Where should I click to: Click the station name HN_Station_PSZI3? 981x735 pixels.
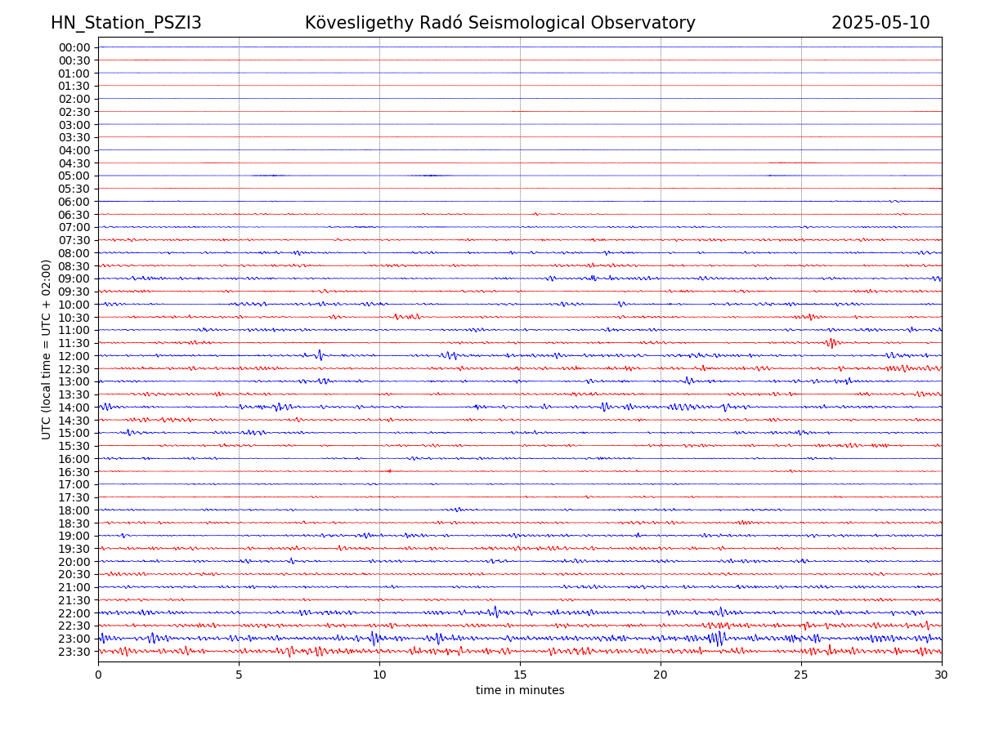click(x=126, y=23)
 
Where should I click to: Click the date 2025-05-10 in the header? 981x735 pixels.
click(x=880, y=23)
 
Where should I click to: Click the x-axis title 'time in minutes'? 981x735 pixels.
click(x=520, y=690)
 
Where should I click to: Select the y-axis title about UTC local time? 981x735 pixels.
click(x=47, y=349)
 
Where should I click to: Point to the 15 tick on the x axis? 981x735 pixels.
click(x=520, y=675)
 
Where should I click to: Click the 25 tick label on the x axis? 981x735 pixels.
click(x=801, y=675)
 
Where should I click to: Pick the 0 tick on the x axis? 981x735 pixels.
click(x=98, y=675)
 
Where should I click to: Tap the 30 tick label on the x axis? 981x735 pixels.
click(x=942, y=675)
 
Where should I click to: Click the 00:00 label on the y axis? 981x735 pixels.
click(x=74, y=47)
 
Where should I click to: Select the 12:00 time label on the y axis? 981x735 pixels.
click(x=74, y=356)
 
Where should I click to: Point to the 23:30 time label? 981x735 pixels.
click(x=74, y=652)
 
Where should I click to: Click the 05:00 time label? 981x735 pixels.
click(x=74, y=176)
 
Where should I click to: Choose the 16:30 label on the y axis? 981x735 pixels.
click(x=74, y=471)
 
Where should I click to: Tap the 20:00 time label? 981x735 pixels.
click(x=74, y=562)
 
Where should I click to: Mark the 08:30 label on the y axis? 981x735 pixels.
click(x=74, y=266)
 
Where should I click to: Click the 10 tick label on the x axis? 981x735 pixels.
click(x=379, y=675)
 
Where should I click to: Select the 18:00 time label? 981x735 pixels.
click(x=74, y=510)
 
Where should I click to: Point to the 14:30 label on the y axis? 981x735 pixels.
click(x=74, y=420)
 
